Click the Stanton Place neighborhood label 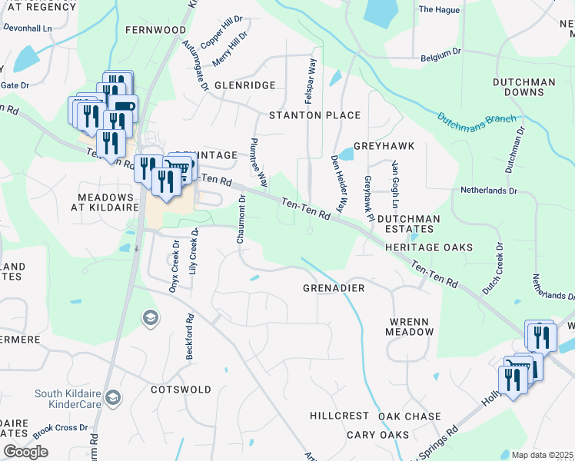pos(314,115)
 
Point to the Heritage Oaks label pos(429,247)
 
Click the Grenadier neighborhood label pos(333,288)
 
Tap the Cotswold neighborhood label pos(181,390)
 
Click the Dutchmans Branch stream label pos(477,119)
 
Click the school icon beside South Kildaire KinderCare pos(114,397)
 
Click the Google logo pos(25,452)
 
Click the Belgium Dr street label pos(440,58)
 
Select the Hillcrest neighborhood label pos(339,416)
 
